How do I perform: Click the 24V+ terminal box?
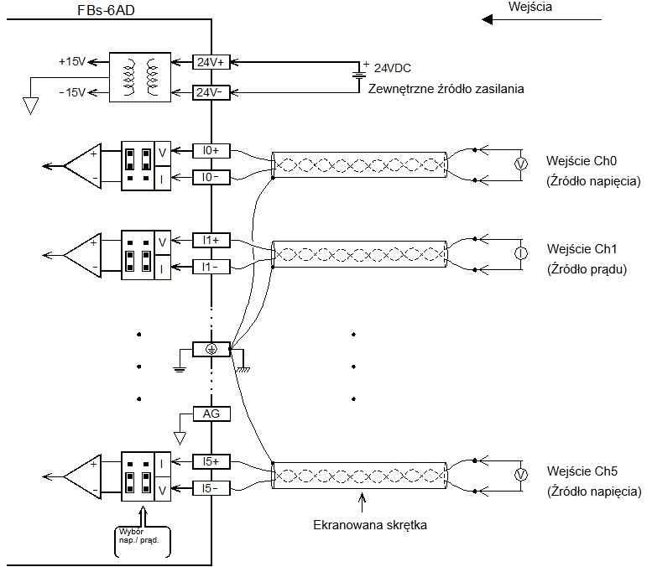coord(211,62)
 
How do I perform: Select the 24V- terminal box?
coord(211,92)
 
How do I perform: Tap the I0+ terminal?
coord(211,151)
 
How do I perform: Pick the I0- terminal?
coord(211,177)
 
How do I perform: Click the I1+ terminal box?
coord(211,241)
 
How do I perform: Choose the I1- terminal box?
coord(211,268)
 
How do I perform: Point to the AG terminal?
coord(211,414)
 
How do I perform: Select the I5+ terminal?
coord(211,462)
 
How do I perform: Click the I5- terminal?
coord(211,489)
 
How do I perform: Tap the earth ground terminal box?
coord(211,349)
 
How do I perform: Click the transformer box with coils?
coord(140,77)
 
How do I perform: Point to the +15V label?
coord(72,62)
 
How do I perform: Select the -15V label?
coord(72,92)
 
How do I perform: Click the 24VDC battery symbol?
coord(359,75)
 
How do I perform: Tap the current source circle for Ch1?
coord(521,253)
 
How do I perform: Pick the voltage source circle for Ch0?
coord(521,164)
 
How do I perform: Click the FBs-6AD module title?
coord(106,10)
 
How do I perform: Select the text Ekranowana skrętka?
coord(370,525)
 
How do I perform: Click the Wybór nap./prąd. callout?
coord(142,542)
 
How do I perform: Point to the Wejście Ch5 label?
coord(582,471)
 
